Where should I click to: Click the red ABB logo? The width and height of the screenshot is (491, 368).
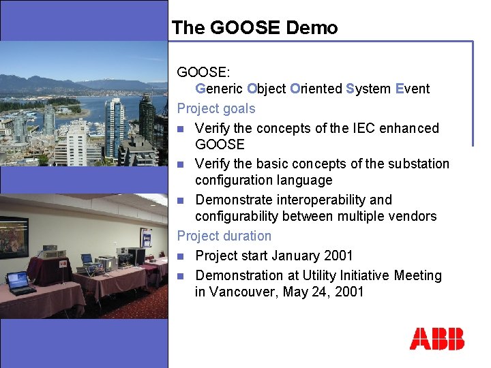436,339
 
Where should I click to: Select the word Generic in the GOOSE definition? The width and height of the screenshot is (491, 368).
220,89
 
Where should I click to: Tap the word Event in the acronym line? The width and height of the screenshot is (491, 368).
413,89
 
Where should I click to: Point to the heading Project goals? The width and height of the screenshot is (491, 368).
216,108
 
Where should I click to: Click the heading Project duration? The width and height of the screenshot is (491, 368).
224,236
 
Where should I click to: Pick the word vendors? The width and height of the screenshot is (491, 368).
412,216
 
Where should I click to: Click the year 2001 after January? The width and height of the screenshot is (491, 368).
338,256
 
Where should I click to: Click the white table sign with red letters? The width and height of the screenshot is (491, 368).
63,263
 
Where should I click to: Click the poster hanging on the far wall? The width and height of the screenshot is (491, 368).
147,237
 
